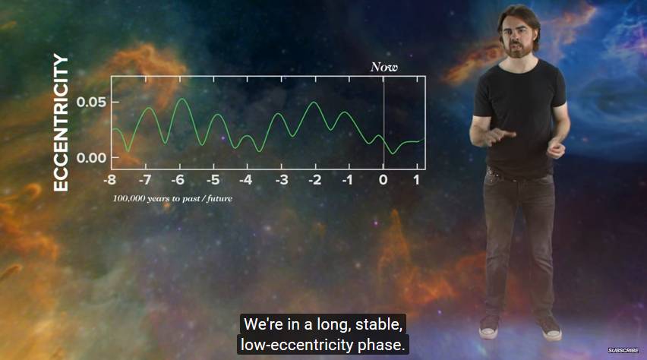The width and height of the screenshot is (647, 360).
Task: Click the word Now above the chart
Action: tap(383, 67)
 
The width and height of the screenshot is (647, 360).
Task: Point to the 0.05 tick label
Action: tap(91, 102)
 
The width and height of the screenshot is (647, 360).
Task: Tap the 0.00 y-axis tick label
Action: tap(91, 158)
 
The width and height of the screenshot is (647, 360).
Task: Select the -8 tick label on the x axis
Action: tap(110, 180)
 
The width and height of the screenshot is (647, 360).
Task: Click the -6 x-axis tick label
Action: tap(178, 180)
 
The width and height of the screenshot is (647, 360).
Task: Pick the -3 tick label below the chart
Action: tap(282, 180)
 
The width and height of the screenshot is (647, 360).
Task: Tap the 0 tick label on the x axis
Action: tap(383, 180)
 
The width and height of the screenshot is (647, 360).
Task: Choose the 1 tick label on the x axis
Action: tap(416, 180)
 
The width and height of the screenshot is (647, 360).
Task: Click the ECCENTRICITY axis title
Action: tap(61, 122)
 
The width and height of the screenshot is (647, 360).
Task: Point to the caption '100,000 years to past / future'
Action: tap(172, 198)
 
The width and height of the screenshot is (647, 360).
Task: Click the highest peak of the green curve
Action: tap(182, 99)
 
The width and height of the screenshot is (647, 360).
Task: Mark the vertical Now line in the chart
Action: tap(383, 122)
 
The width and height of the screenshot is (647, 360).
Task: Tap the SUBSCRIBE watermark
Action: tap(623, 350)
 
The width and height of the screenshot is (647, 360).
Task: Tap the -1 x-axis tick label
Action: tap(348, 180)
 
